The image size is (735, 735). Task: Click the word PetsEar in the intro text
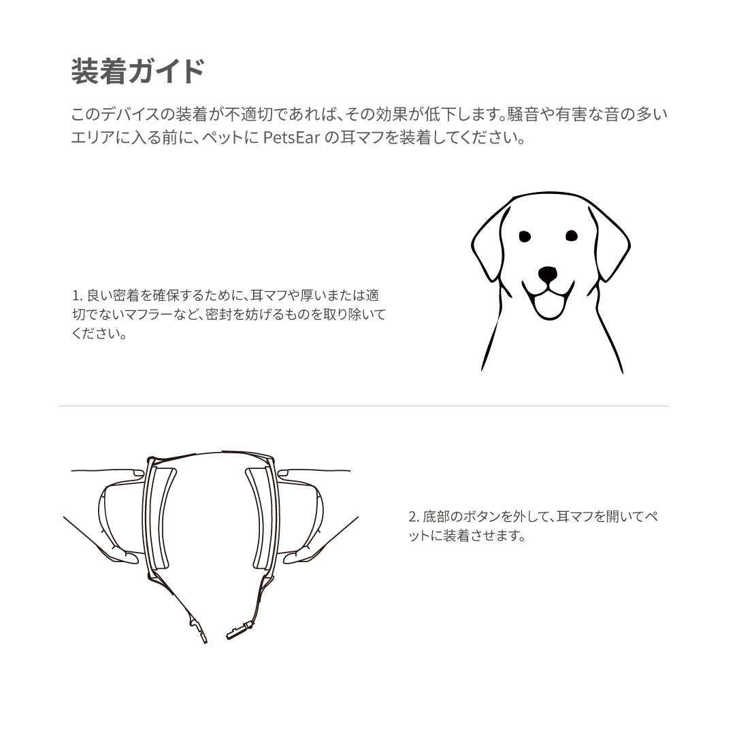coord(291,138)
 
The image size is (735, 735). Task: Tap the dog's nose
coord(547,274)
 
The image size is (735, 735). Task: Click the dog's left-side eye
coord(524,236)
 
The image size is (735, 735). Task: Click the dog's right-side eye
coord(571,236)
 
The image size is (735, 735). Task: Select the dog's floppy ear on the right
coord(610,242)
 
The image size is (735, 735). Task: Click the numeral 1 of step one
coord(75,296)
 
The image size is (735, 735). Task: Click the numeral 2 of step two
coord(412,517)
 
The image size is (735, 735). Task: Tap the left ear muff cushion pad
coord(164,517)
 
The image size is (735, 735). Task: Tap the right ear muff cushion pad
coord(258,517)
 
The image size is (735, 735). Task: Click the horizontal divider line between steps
coord(363,406)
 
